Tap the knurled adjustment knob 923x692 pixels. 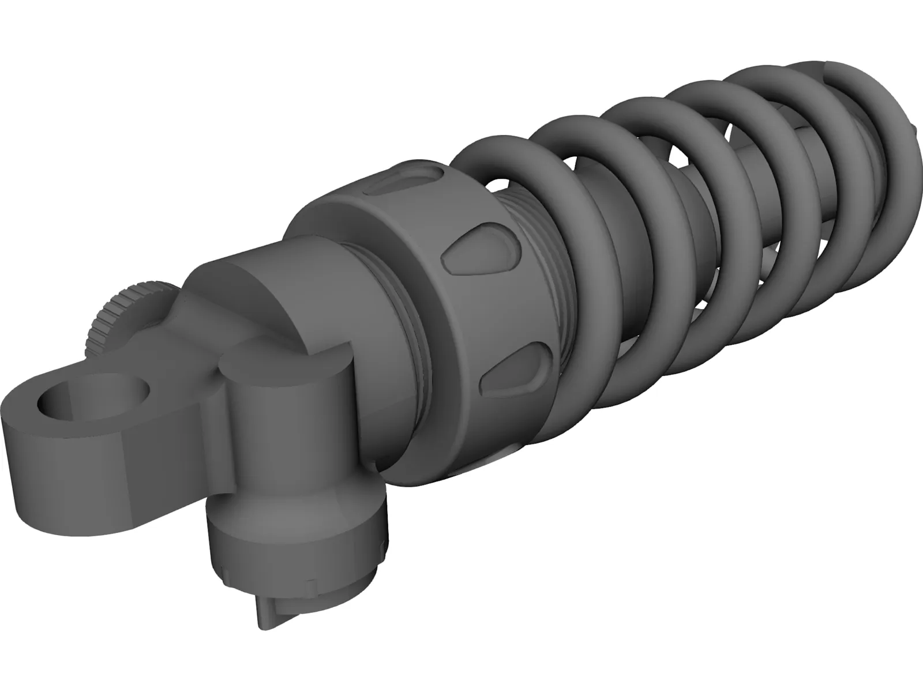(110, 323)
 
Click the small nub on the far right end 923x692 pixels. (917, 127)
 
